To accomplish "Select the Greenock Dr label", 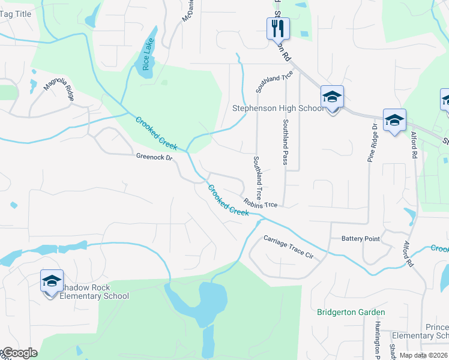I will (154, 158).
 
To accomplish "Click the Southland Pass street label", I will (286, 142).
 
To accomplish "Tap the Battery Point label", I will (360, 239).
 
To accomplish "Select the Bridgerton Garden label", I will (351, 312).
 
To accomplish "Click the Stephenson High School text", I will (278, 109).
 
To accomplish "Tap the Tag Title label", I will (16, 13).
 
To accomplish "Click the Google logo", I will (19, 353).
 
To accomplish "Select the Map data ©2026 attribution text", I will (423, 355).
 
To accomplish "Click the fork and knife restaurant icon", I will (278, 28).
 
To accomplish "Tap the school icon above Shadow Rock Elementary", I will (52, 280).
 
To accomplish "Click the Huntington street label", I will (377, 339).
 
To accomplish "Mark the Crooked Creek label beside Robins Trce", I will (228, 200).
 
